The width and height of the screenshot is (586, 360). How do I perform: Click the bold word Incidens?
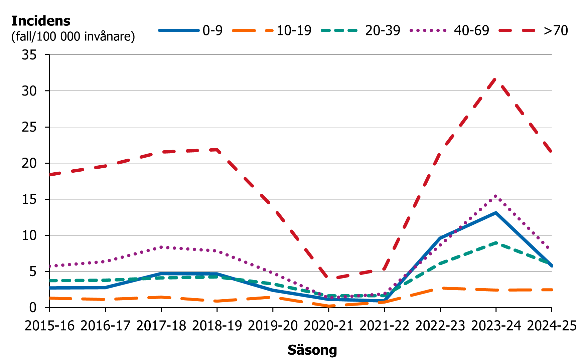(x=41, y=21)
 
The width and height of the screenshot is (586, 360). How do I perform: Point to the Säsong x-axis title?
(x=312, y=350)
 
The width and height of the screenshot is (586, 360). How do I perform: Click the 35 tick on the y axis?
(x=29, y=55)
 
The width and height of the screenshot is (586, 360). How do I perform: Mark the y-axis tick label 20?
(x=29, y=163)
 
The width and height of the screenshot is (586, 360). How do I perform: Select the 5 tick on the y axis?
(x=33, y=272)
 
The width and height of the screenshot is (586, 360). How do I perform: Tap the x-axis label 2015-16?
(x=49, y=326)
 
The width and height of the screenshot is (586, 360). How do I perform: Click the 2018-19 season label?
(x=217, y=326)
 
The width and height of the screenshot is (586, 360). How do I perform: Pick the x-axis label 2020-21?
(x=328, y=326)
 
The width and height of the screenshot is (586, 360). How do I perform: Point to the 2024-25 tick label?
(x=552, y=326)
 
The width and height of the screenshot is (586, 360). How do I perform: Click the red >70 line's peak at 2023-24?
(x=496, y=78)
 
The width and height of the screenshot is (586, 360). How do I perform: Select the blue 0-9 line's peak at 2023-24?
(x=496, y=213)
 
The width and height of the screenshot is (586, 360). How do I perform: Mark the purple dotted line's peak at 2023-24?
(x=496, y=196)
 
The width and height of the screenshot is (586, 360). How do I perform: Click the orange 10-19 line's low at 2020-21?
(x=329, y=306)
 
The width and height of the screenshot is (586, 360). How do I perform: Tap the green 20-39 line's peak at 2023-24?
(x=496, y=243)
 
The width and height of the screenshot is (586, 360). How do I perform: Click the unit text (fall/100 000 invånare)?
(x=73, y=36)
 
